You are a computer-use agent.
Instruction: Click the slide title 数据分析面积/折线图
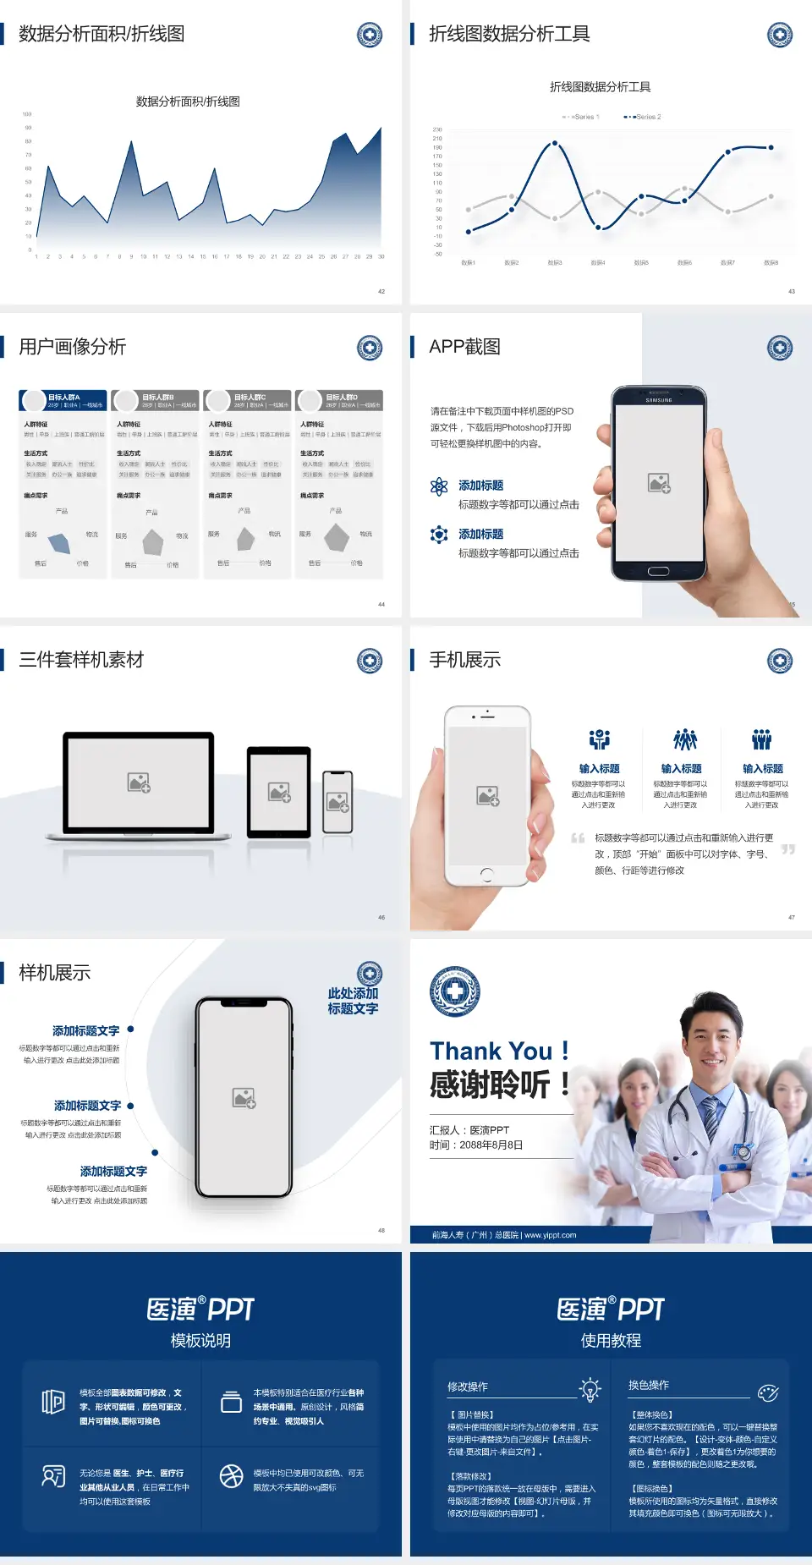[x=101, y=34]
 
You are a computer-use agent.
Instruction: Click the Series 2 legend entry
[x=644, y=117]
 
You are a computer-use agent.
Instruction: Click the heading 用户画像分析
[x=73, y=347]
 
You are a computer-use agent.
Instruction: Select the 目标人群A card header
[x=63, y=400]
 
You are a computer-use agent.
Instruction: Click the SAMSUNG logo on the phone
[x=659, y=400]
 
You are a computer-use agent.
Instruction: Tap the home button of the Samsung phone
[x=659, y=571]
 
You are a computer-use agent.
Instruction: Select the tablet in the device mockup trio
[x=279, y=793]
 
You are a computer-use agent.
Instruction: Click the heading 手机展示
[x=465, y=660]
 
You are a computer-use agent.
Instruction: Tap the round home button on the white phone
[x=487, y=874]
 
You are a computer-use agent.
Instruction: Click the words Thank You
[x=491, y=1052]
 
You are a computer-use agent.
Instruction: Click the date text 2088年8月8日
[x=491, y=1145]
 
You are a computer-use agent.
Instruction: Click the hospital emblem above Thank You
[x=455, y=991]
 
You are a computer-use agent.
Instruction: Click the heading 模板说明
[x=200, y=1341]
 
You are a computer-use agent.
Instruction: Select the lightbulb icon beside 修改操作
[x=590, y=1389]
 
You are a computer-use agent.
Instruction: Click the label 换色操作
[x=649, y=1385]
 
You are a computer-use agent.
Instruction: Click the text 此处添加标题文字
[x=353, y=1001]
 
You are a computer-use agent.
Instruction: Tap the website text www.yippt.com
[x=550, y=1235]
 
